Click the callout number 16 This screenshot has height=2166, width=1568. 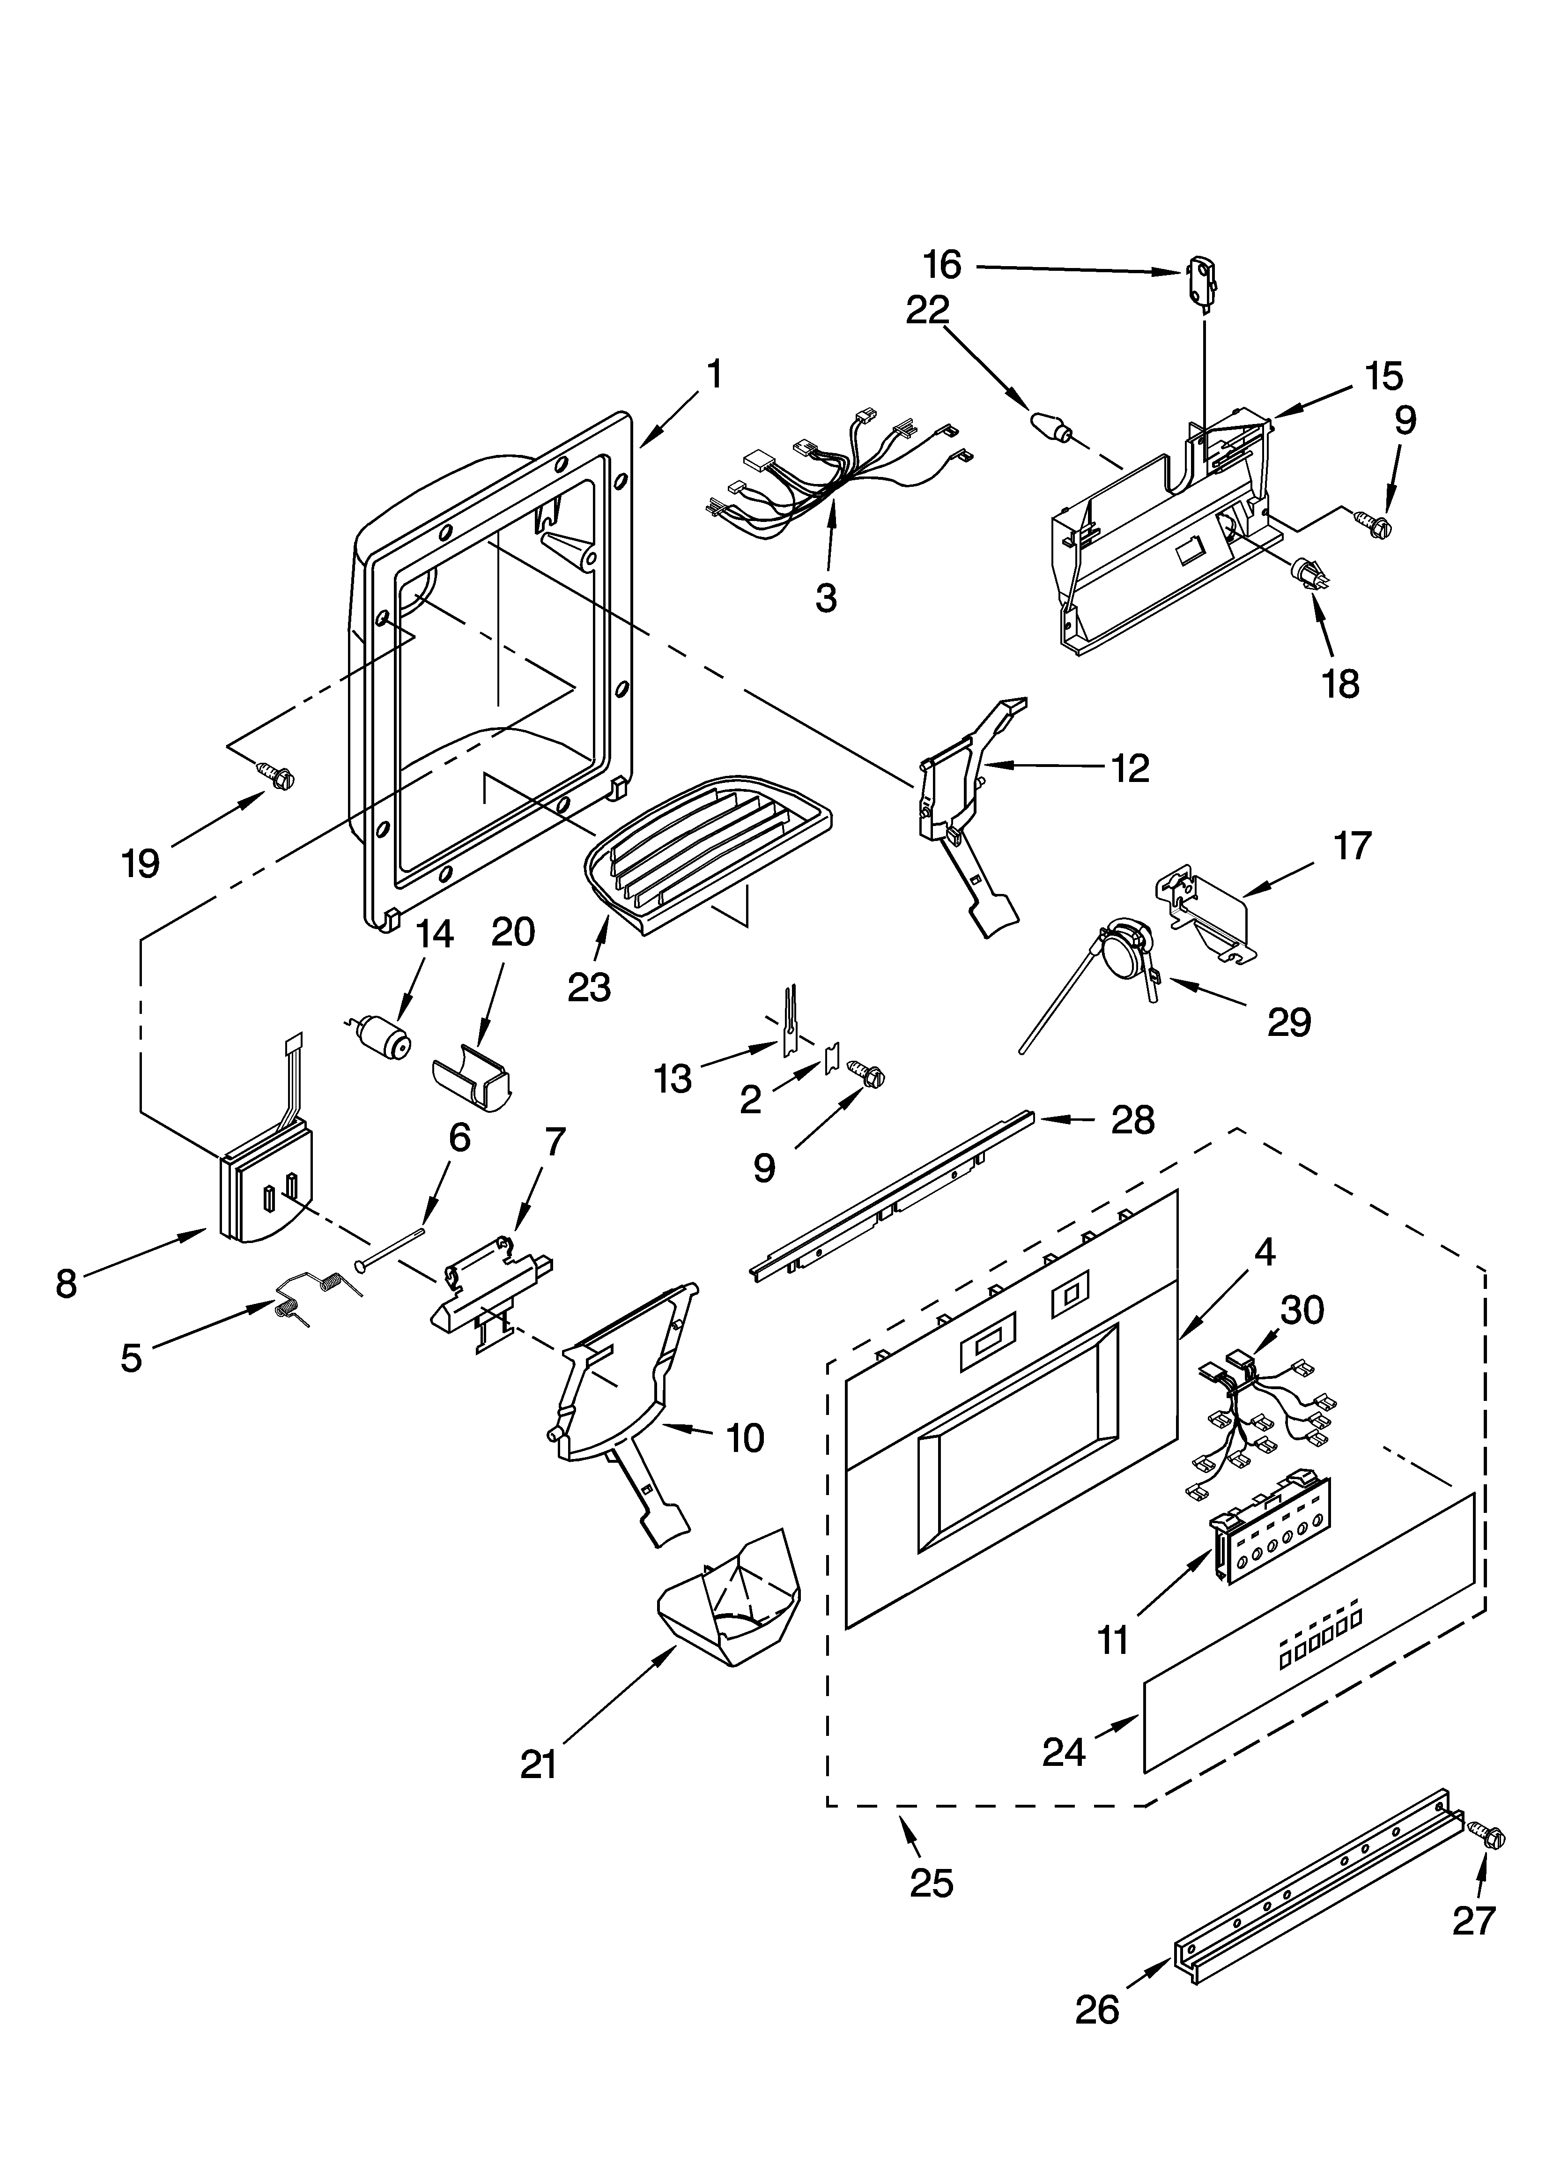click(942, 265)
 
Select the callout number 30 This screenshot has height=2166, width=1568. click(1302, 1310)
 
